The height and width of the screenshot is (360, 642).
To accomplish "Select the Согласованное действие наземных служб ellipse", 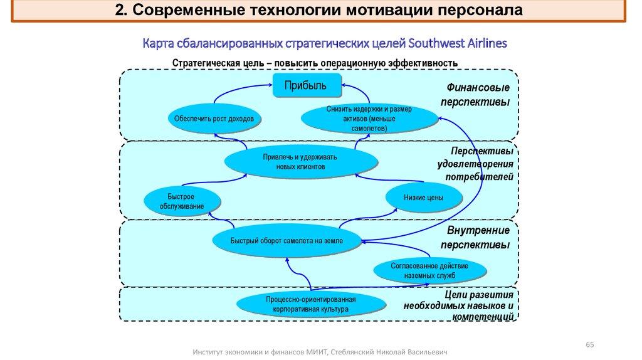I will pos(429,270).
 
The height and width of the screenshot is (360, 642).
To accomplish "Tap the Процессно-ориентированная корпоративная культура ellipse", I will pos(310,305).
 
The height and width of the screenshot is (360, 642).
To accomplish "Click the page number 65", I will pos(589,344).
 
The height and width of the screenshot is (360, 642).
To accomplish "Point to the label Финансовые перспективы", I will pos(478,94).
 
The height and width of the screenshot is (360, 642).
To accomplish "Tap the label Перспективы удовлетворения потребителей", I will pos(478,165).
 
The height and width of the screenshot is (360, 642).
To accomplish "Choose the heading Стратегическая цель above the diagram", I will pos(315,63).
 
